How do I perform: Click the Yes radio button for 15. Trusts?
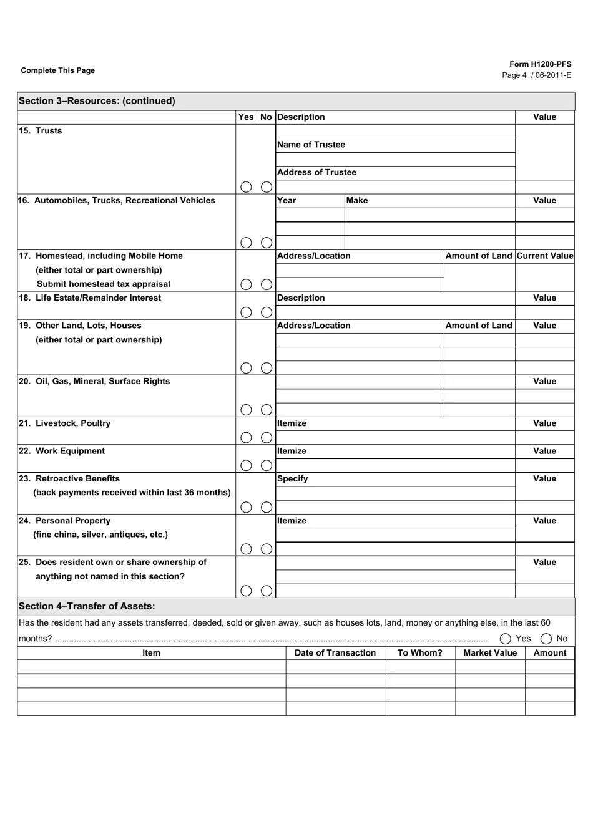[x=247, y=187]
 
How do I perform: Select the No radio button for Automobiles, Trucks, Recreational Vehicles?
[x=267, y=243]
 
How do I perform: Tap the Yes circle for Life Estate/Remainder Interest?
[x=247, y=312]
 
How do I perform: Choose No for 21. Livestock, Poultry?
[x=267, y=438]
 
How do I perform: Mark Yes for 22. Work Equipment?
[x=247, y=465]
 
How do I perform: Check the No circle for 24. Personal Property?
[x=267, y=549]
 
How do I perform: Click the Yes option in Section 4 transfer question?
[x=506, y=639]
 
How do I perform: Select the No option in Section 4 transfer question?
[x=546, y=639]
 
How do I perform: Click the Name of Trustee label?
[x=311, y=145]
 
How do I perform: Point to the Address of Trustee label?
[x=316, y=173]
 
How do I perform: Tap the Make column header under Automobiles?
[x=357, y=201]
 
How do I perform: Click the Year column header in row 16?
[x=287, y=201]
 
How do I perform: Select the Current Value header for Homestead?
[x=544, y=256]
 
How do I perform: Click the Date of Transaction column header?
[x=335, y=653]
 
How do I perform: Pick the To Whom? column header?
[x=420, y=653]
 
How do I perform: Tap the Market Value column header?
[x=490, y=653]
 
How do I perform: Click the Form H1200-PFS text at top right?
[x=540, y=64]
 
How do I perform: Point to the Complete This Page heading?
[x=58, y=70]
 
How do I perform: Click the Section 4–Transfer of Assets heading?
[x=87, y=606]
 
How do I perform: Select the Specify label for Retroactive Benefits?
[x=293, y=479]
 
